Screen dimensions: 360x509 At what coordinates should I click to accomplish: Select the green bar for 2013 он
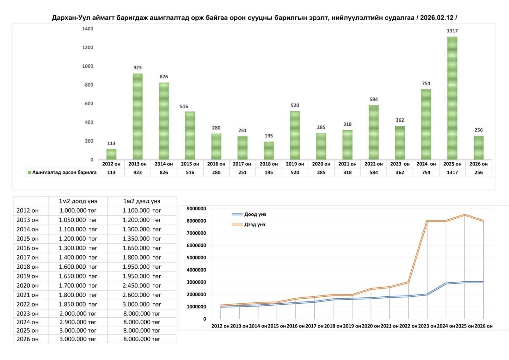pos(137,116)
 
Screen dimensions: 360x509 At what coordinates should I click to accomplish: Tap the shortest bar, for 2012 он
pos(111,154)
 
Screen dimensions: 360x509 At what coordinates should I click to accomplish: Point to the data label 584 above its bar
pos(373,99)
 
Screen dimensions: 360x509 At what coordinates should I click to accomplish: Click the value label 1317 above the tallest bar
pos(452,31)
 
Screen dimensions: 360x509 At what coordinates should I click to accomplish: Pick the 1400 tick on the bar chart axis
pos(87,29)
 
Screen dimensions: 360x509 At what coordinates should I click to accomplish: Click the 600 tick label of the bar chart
pos(89,104)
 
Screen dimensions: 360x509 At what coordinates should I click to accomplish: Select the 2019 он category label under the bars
pos(295,164)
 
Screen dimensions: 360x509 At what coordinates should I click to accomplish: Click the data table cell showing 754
pos(426,173)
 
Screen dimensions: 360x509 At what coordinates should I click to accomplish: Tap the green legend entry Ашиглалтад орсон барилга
pos(62,173)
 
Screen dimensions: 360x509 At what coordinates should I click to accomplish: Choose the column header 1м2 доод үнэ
pos(78,201)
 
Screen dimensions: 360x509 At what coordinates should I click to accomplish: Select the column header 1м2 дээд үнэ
pos(142,201)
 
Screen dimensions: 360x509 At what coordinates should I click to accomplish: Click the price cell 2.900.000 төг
pos(78,322)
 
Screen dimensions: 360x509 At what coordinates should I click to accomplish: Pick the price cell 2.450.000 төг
pos(142,286)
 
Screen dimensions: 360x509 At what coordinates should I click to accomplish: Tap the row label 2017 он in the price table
pos(28,258)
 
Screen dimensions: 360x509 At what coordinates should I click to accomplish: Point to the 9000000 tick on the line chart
pos(196,209)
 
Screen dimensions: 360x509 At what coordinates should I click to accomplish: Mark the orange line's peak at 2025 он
pos(464,215)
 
